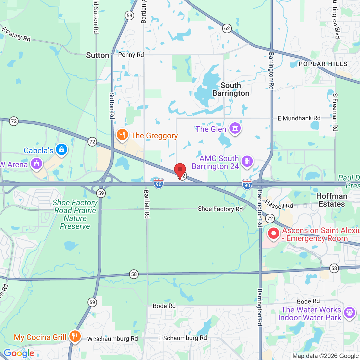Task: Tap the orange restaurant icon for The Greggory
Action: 122,135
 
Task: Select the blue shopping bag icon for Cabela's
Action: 61,149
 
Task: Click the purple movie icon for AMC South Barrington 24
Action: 247,161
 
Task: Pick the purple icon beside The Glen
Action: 235,128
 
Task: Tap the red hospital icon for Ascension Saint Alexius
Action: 273,233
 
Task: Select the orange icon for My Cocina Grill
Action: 75,336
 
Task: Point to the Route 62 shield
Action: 227,28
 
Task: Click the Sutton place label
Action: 97,55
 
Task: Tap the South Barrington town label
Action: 231,89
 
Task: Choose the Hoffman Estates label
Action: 332,200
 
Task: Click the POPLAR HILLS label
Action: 323,64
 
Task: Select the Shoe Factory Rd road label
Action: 220,209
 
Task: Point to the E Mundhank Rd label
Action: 299,118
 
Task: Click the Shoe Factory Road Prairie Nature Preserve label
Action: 75,214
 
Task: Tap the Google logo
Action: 19,353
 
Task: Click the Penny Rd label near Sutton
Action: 131,55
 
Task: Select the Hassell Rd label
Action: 279,204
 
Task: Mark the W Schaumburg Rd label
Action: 112,339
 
